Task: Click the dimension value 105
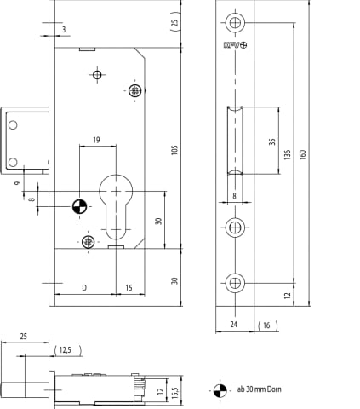174,150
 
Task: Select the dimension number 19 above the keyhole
96,140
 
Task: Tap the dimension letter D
84,288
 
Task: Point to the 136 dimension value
287,154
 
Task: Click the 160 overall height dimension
303,154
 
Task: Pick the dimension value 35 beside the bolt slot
272,141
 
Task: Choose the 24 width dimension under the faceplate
234,324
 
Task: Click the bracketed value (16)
267,325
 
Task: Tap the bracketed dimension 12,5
68,350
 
